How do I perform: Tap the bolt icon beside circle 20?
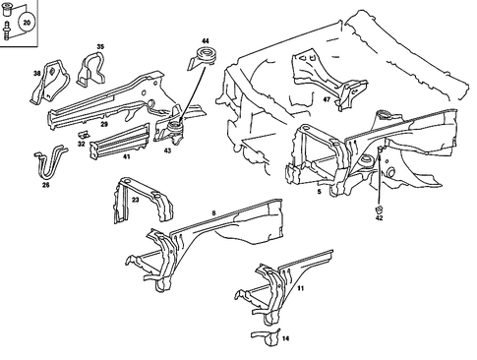coord(9,30)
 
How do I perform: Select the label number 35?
coord(99,46)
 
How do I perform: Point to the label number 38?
coord(37,74)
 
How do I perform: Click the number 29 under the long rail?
coord(103,125)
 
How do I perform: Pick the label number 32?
coord(81,144)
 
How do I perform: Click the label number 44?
coord(205,40)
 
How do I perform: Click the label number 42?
coord(379,221)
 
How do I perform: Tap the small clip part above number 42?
coord(379,210)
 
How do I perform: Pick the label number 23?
coord(135,198)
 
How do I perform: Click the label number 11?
coord(301,289)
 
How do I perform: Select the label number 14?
coord(285,339)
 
